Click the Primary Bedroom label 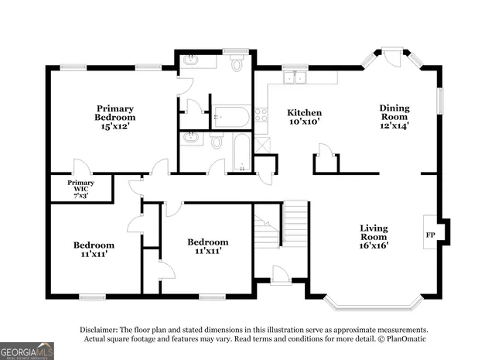(115, 113)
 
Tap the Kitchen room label (304, 112)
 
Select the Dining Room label (394, 113)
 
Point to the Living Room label (374, 233)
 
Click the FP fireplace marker (429, 232)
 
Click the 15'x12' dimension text (115, 127)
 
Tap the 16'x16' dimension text (374, 245)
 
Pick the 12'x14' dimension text (394, 125)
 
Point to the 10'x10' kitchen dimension (304, 122)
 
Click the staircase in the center (294, 225)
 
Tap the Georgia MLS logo (27, 351)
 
